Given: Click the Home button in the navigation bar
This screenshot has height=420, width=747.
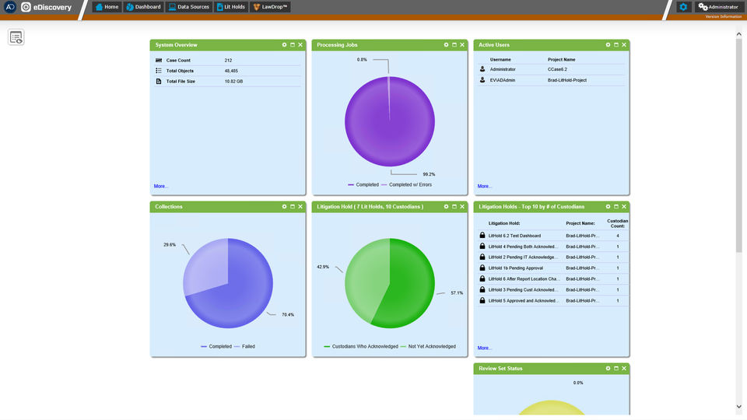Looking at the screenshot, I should click(x=107, y=7).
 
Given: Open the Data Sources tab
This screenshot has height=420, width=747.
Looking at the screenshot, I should click(x=188, y=7).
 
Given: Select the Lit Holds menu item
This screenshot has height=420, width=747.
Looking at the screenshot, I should click(x=231, y=7).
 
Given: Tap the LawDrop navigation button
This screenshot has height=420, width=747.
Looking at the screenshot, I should click(x=271, y=7).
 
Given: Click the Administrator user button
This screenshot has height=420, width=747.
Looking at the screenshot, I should click(x=718, y=7).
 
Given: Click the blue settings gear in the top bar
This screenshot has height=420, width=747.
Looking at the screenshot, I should click(x=683, y=7).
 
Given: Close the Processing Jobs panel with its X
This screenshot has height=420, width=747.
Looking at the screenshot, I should click(x=461, y=45).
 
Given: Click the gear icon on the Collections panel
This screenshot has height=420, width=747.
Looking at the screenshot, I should click(x=284, y=207).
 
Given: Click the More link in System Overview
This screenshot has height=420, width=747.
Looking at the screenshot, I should click(x=161, y=187).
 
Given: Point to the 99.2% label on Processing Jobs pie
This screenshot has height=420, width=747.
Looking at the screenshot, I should click(x=429, y=174).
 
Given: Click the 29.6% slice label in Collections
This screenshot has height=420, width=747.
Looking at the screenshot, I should click(x=170, y=244).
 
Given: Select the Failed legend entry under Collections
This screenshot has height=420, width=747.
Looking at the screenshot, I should click(x=248, y=346).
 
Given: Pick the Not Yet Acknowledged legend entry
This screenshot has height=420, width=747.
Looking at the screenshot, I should click(x=432, y=346).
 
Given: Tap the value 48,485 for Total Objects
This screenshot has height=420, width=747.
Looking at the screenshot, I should click(x=232, y=71).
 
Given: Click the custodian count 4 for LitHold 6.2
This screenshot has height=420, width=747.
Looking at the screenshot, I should click(x=618, y=235).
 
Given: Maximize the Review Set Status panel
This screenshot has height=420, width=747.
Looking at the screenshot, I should click(x=615, y=369).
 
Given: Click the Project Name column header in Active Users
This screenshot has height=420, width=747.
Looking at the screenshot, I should click(x=561, y=59).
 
